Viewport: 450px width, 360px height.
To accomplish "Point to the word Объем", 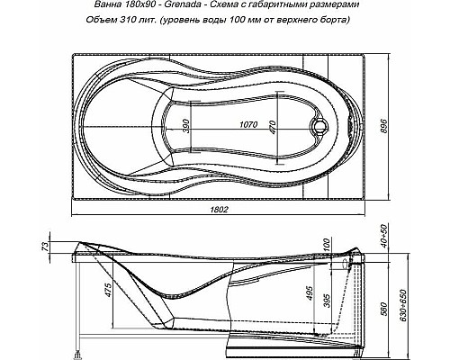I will pyautogui.click(x=107, y=22).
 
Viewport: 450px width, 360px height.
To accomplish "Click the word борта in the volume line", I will pyautogui.click(x=348, y=22).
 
